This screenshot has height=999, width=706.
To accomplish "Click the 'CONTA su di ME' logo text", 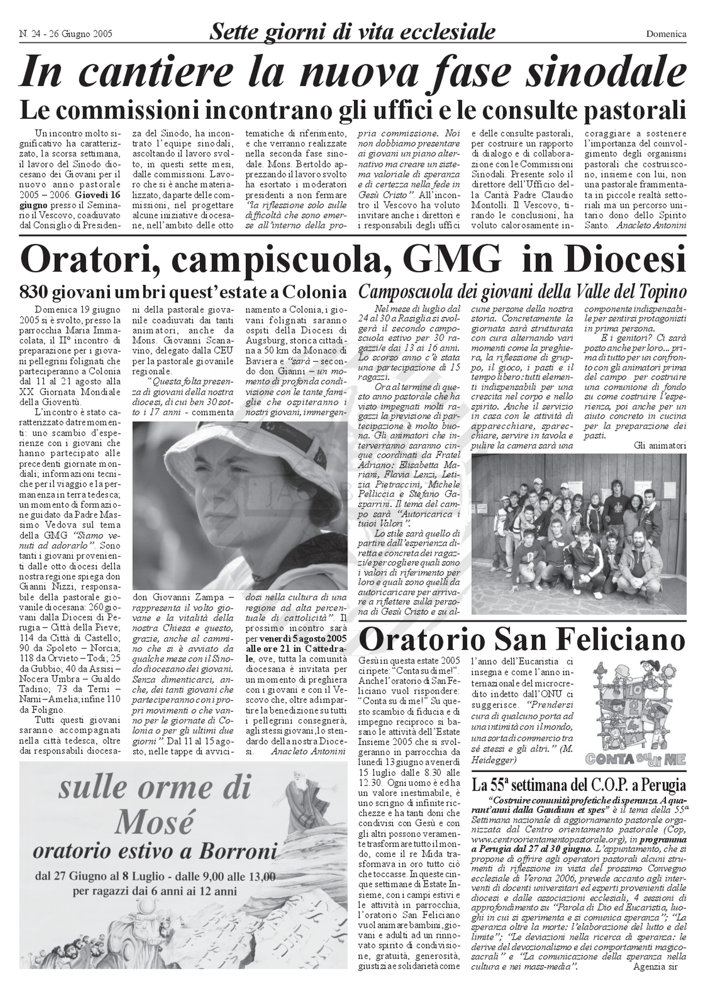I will coord(635,759).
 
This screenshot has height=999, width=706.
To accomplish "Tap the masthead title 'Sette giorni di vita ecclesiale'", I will coord(352,32).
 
